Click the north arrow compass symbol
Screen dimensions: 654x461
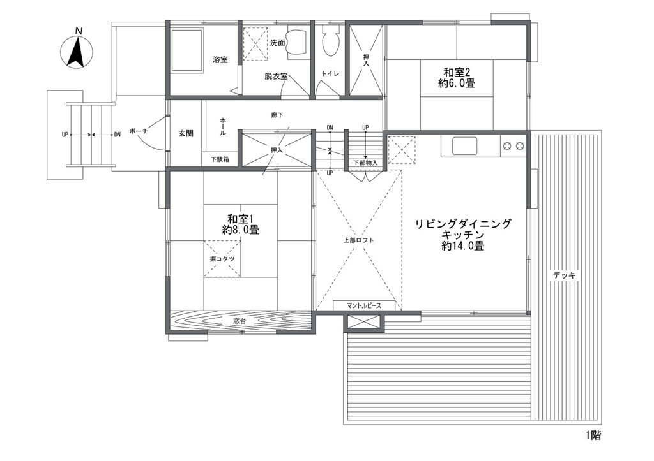pyautogui.click(x=77, y=52)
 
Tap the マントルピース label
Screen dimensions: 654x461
pyautogui.click(x=363, y=305)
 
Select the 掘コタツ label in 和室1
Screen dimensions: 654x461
pyautogui.click(x=222, y=259)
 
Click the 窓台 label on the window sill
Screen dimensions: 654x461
pyautogui.click(x=240, y=321)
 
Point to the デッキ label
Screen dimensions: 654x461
pyautogui.click(x=565, y=275)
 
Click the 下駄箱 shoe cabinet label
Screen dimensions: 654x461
pyautogui.click(x=220, y=159)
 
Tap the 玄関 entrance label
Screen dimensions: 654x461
pyautogui.click(x=186, y=134)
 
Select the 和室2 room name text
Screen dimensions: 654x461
pyautogui.click(x=457, y=72)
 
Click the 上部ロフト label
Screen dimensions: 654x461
pyautogui.click(x=359, y=240)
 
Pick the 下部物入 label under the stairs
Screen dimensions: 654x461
pyautogui.click(x=365, y=163)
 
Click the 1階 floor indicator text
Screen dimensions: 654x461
pyautogui.click(x=593, y=435)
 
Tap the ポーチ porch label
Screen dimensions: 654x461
pyautogui.click(x=139, y=131)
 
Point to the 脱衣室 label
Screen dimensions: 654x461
pyautogui.click(x=276, y=77)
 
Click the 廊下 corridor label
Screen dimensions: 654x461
pyautogui.click(x=277, y=115)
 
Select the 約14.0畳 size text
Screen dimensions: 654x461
pyautogui.click(x=463, y=246)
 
